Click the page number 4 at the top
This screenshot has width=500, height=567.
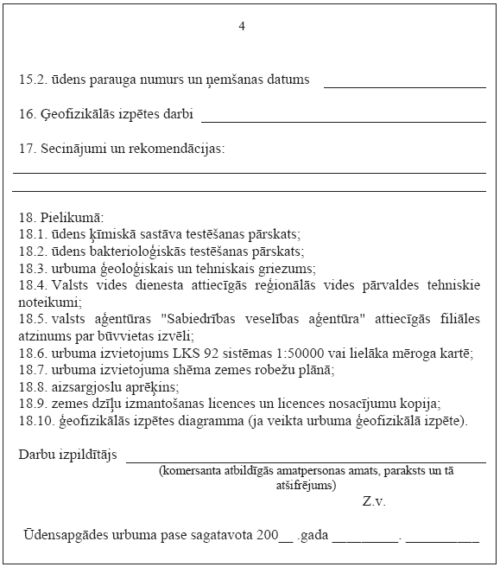pos(242,26)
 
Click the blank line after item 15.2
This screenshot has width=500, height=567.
pos(404,86)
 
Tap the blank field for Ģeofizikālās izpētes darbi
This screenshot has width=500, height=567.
pos(343,120)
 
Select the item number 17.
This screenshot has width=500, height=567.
pos(27,149)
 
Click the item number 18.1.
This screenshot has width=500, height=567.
pos(31,234)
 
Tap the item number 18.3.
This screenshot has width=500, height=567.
pos(31,269)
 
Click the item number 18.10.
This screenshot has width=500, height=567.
pos(35,421)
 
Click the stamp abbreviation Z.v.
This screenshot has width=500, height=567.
pos(374,501)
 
